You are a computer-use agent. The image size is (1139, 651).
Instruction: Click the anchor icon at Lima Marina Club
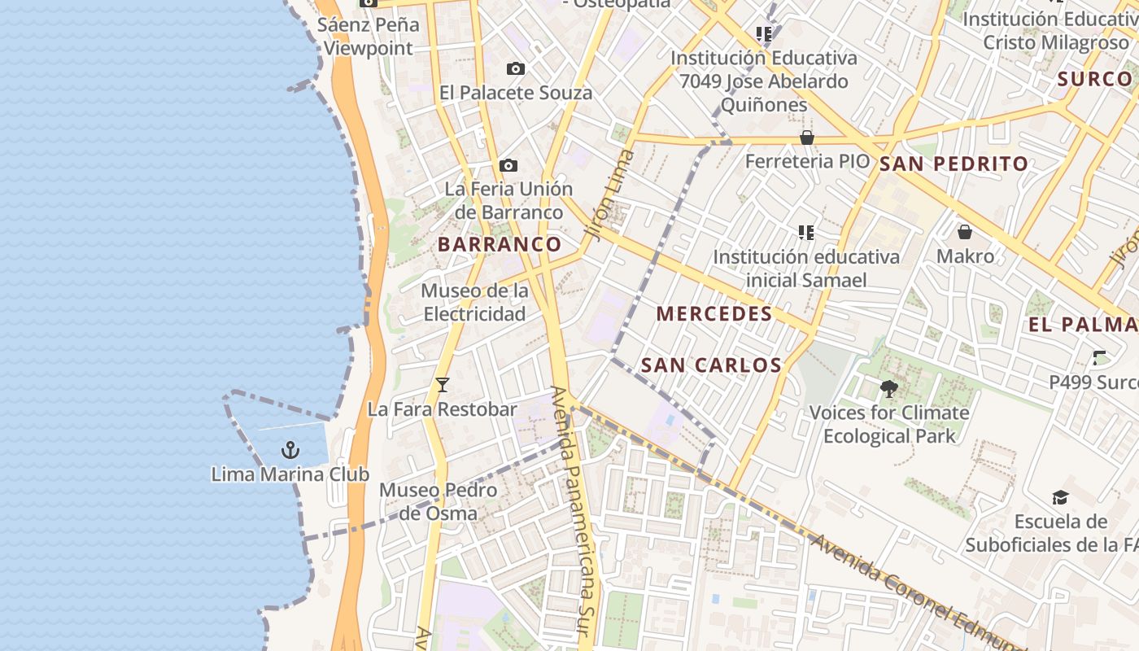290,449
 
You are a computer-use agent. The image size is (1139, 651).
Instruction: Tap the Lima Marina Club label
290,474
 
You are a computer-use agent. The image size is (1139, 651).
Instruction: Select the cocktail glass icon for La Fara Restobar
442,385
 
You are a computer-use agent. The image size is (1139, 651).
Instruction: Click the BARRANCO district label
500,244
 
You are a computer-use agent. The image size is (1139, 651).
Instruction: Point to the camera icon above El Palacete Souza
515,69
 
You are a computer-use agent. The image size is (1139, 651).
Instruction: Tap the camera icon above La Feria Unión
508,166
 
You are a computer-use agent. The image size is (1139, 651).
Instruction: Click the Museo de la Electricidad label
474,302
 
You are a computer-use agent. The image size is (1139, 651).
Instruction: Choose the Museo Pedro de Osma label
438,501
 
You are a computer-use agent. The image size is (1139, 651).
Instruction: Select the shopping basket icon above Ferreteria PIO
807,138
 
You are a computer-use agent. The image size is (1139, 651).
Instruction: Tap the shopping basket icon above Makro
965,233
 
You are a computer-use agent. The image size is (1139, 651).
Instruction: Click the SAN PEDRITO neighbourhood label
954,164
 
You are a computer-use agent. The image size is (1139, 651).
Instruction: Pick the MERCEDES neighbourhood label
714,313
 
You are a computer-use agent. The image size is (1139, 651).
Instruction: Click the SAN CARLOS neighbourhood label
712,365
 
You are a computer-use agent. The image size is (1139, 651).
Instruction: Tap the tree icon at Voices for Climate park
888,389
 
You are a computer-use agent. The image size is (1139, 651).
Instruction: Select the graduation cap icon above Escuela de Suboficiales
1060,497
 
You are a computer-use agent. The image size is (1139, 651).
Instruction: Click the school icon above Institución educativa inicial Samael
806,233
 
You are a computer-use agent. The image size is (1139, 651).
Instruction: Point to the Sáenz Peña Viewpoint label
369,36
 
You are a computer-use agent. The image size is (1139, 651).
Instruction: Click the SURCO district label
1094,79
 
